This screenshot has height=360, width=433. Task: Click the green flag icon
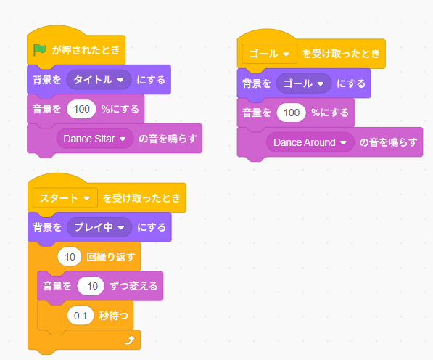[40, 51]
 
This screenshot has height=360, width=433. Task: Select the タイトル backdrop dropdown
[97, 79]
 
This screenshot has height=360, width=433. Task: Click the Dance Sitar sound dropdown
[94, 138]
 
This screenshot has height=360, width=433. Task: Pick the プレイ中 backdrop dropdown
[99, 227]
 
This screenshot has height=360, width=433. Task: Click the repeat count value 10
[69, 257]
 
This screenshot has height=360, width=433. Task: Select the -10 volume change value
[91, 286]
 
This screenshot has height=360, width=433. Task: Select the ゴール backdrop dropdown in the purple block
[304, 83]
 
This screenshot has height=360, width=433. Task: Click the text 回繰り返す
[113, 257]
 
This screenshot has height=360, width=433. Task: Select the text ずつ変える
[133, 286]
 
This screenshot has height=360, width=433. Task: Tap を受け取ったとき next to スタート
[143, 197]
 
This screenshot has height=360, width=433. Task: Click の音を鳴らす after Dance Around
[389, 142]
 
